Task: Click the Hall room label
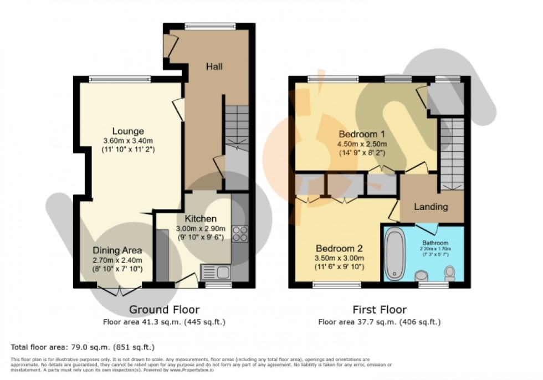pyautogui.click(x=214, y=66)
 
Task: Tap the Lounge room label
pyautogui.click(x=128, y=131)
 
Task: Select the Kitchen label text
pyautogui.click(x=201, y=219)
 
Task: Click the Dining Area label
pyautogui.click(x=117, y=250)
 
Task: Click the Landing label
pyautogui.click(x=431, y=207)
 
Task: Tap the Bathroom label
pyautogui.click(x=435, y=242)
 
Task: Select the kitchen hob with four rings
pyautogui.click(x=240, y=233)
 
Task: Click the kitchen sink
pyautogui.click(x=216, y=272)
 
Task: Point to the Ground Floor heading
pyautogui.click(x=164, y=310)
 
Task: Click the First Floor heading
pyautogui.click(x=380, y=310)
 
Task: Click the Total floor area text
pyautogui.click(x=82, y=347)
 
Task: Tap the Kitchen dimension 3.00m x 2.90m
pyautogui.click(x=201, y=228)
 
